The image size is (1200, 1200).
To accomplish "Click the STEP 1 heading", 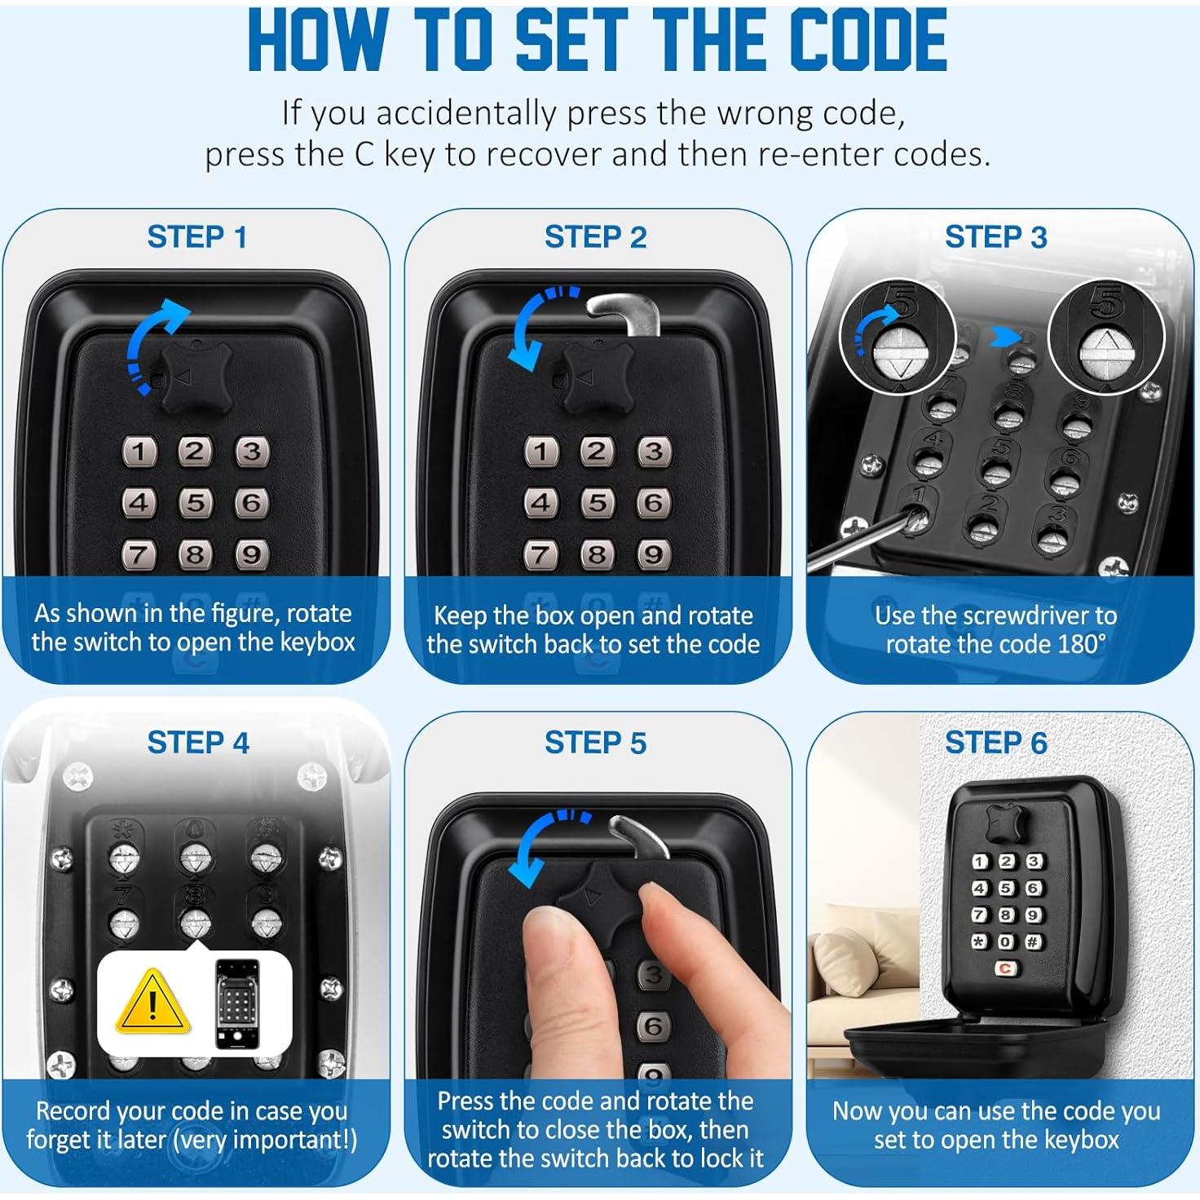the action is tap(197, 237).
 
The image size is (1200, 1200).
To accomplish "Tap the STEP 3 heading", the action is tap(995, 237).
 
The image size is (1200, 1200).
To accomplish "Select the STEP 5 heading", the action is tap(595, 743).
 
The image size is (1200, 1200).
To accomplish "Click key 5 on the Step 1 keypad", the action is tap(196, 502).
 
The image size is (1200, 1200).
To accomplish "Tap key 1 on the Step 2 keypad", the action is tap(540, 452).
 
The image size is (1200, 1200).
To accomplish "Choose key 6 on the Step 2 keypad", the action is tap(654, 502).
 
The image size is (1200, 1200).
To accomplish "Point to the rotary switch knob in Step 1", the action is tap(196, 378).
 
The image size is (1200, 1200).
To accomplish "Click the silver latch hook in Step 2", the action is tap(626, 313).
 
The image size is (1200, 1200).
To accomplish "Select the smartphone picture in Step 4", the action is tap(237, 1004).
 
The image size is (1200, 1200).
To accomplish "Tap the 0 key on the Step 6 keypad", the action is tap(1006, 942).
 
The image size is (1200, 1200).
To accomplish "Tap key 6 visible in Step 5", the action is tap(653, 1026).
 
